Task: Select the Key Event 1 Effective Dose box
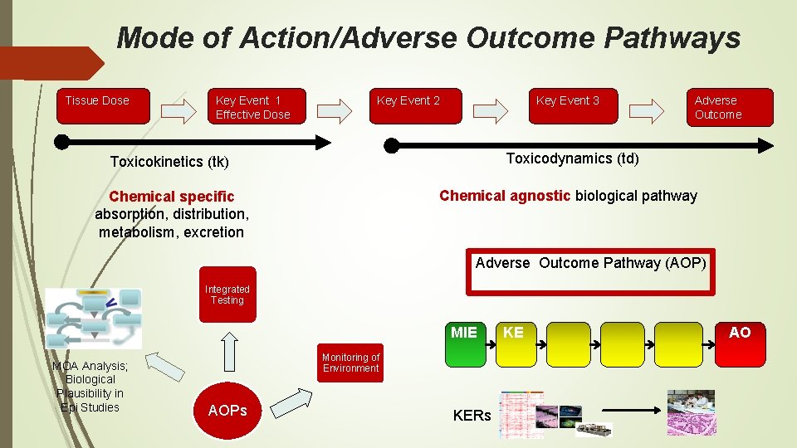[257, 106]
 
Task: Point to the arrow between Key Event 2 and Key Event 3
[495, 110]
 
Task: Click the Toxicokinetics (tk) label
[169, 161]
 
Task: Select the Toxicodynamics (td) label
[572, 158]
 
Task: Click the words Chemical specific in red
[172, 197]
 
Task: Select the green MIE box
[466, 344]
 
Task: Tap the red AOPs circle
[227, 411]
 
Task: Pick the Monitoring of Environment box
[350, 363]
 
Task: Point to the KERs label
[472, 416]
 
